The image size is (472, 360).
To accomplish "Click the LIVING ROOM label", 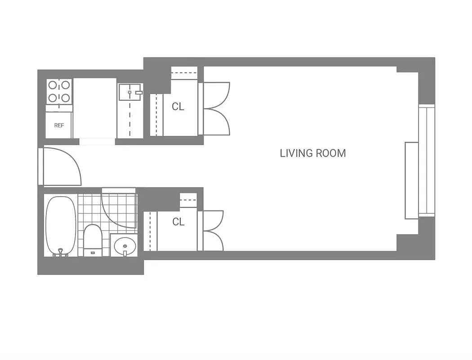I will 313,153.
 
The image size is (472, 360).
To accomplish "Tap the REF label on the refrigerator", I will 59,126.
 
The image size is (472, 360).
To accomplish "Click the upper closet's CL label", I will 178,107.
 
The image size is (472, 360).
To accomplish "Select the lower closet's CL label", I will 178,222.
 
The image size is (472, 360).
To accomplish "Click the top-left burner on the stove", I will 53,85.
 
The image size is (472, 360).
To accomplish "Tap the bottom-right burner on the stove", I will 66,97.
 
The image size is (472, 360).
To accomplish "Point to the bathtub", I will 60,225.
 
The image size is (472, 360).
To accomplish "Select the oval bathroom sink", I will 124,246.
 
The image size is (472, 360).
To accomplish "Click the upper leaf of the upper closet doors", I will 216,95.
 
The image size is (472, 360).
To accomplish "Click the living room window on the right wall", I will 427,160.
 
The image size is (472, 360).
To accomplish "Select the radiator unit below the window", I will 411,180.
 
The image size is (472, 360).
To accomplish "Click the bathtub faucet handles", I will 60,254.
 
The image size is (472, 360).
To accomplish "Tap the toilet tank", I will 93,252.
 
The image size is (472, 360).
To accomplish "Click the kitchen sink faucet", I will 138,93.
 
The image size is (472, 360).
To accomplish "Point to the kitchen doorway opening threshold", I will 97,141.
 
